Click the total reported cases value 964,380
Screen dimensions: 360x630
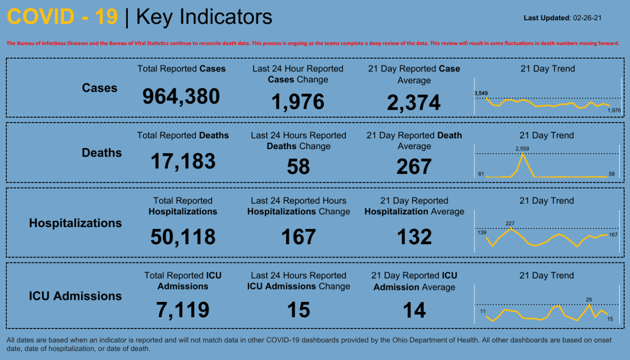click(181, 96)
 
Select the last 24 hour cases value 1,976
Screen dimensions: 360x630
click(298, 102)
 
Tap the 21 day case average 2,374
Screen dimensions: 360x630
click(414, 103)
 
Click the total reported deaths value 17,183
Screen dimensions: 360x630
click(183, 161)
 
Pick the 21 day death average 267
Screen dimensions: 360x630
click(414, 167)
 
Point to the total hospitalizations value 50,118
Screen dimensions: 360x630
click(183, 237)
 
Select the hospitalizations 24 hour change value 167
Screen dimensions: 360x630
click(298, 237)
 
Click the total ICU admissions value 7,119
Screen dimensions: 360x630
click(183, 310)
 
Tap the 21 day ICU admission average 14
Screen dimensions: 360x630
click(414, 310)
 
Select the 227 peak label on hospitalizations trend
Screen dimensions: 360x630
click(510, 224)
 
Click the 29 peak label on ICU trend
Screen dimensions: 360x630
click(589, 299)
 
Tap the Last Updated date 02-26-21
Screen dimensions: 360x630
click(588, 18)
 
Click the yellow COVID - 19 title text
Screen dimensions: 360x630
click(63, 17)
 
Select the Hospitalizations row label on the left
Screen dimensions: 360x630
click(75, 223)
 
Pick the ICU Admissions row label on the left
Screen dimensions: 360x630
click(75, 296)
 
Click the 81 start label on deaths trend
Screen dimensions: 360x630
click(481, 174)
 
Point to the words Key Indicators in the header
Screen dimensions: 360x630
click(204, 17)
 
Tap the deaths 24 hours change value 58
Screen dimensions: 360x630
click(298, 167)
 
